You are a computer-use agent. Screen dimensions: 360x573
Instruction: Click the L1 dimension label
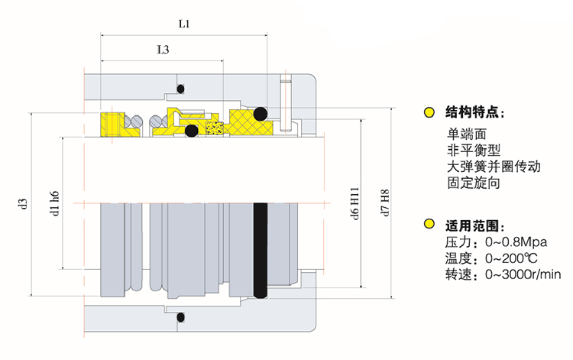tap(184, 24)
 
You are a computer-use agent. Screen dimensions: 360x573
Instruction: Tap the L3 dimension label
tap(163, 51)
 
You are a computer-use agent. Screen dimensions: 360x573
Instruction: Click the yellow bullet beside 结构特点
tap(429, 113)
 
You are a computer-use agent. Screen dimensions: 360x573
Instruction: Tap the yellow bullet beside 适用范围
tap(429, 225)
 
